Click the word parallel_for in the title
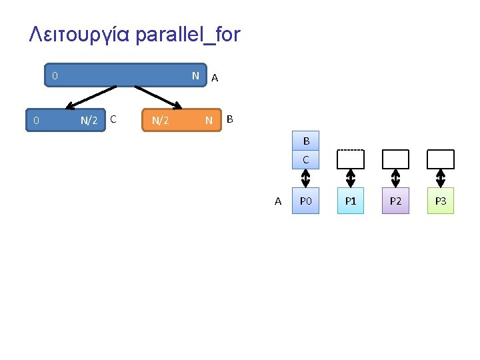(187, 35)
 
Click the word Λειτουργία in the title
(79, 35)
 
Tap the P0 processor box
(305, 201)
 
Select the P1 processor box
(351, 201)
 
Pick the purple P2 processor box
(395, 201)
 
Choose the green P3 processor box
(440, 201)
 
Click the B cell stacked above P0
(306, 141)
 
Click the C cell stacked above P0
(306, 159)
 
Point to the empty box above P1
(351, 159)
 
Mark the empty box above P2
(395, 159)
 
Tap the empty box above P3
(440, 159)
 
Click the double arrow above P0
(306, 179)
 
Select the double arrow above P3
(440, 179)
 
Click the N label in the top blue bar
(195, 76)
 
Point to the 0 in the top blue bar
(55, 76)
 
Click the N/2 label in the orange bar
(160, 121)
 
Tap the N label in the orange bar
(209, 121)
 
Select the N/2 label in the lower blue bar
(89, 121)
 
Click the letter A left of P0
(278, 201)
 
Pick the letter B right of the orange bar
(230, 119)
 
